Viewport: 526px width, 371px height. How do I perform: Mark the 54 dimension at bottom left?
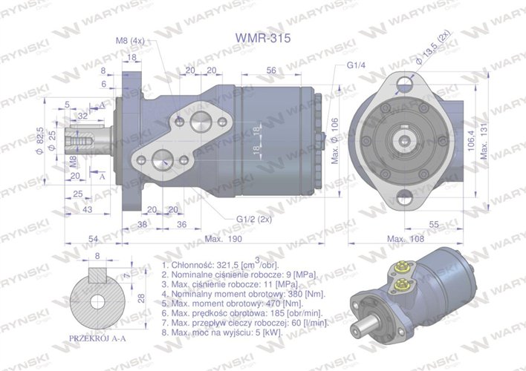point(94,238)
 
